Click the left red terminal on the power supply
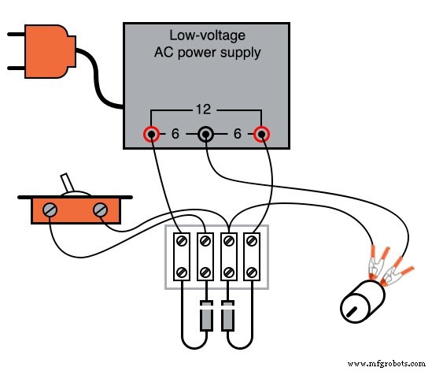[x=151, y=135]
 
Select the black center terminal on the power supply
[x=205, y=135]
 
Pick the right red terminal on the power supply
[x=260, y=135]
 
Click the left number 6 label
[x=175, y=135]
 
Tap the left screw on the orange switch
[x=50, y=210]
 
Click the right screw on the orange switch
[x=100, y=210]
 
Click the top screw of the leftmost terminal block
[x=181, y=239]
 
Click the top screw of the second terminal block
[x=205, y=239]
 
